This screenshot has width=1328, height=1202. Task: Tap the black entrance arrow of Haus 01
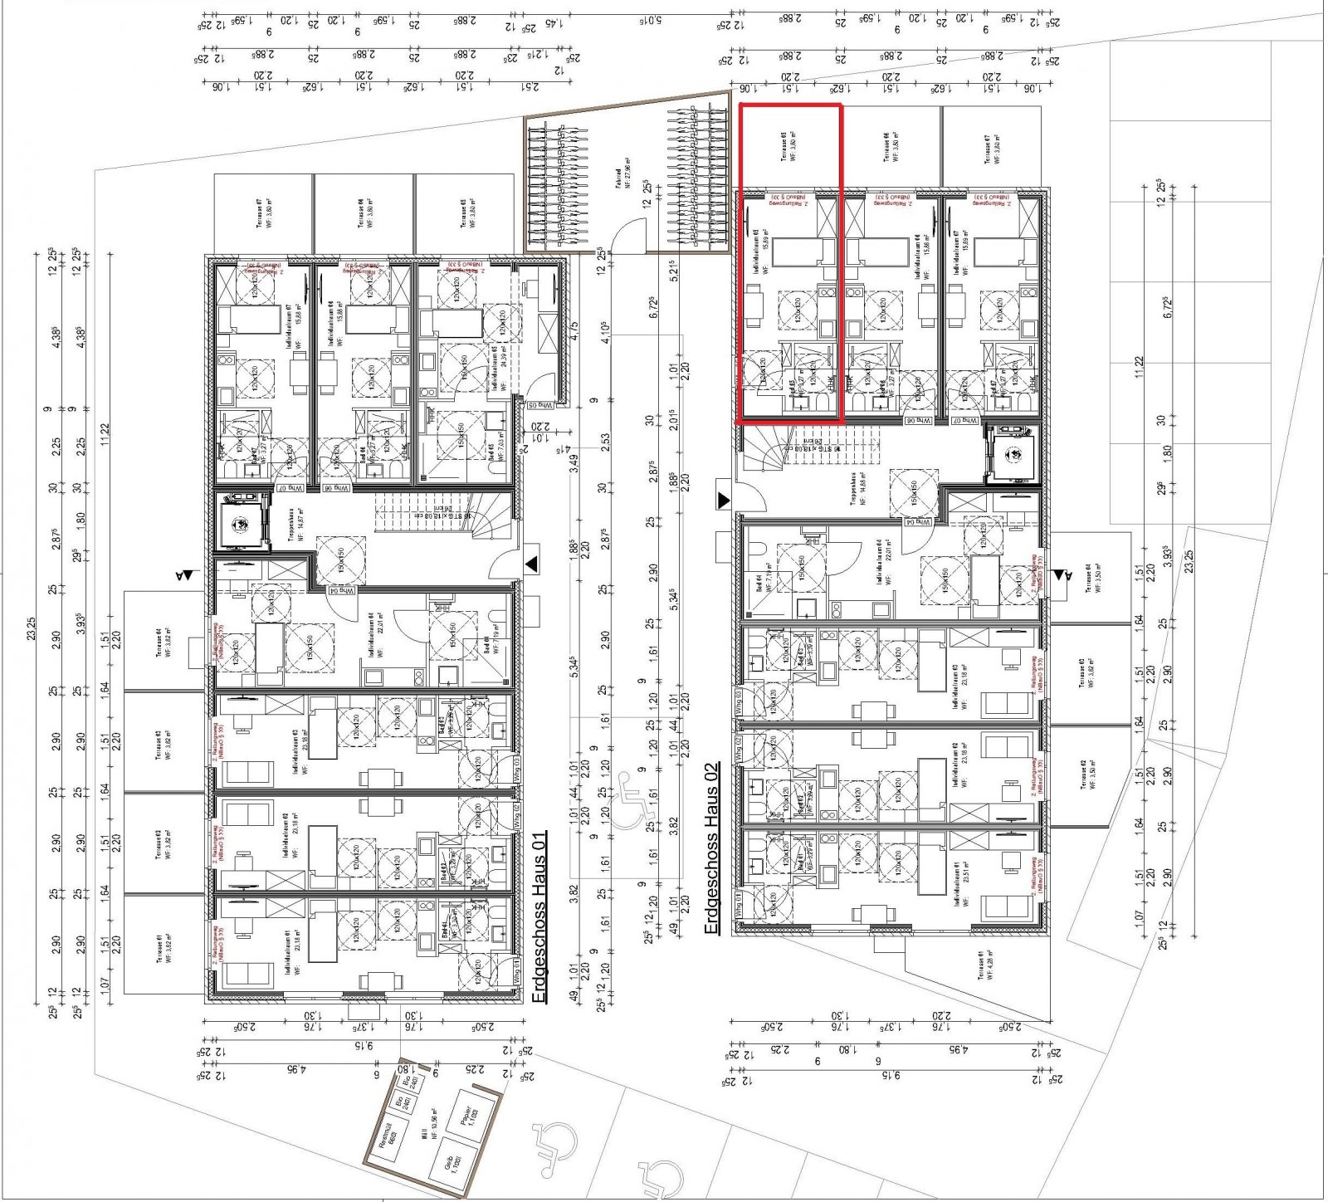(x=531, y=564)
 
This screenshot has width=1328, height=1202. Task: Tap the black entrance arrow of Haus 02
(x=723, y=500)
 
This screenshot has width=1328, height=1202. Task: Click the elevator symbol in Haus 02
(x=1012, y=453)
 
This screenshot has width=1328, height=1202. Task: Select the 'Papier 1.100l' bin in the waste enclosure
(x=468, y=1116)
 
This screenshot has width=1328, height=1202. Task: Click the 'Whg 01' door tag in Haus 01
(x=516, y=970)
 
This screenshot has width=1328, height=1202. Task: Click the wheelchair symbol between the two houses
(x=634, y=802)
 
